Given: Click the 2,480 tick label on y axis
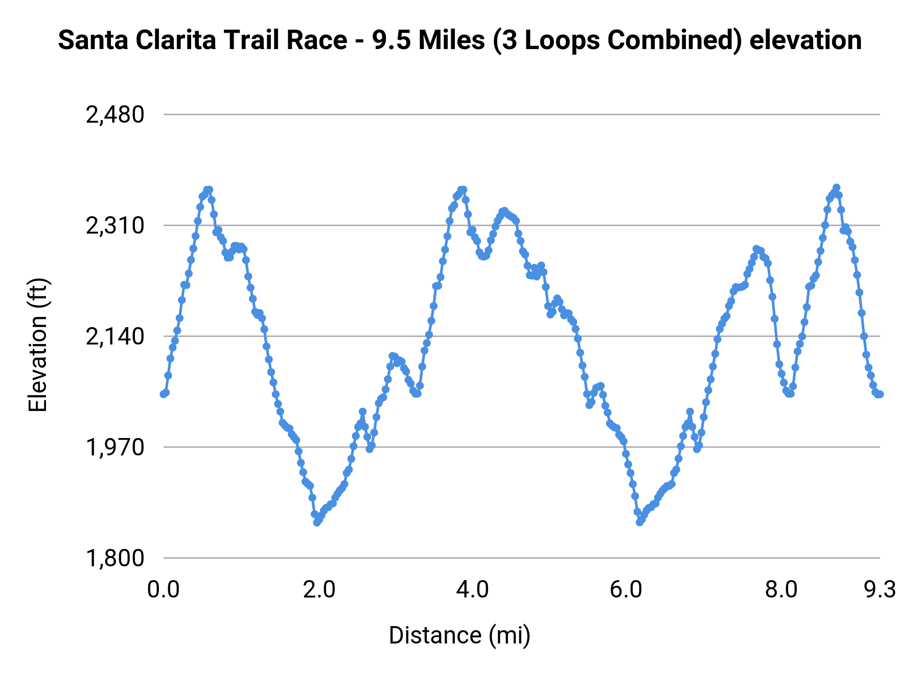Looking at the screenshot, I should point(116,115).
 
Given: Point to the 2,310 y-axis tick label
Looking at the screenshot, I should point(116,226).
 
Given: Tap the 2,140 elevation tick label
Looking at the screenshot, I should point(116,337).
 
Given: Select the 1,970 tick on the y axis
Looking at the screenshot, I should point(116,448).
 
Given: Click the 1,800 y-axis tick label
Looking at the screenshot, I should point(116,558).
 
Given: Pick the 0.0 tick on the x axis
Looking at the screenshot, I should point(163,589).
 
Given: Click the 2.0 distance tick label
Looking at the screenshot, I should point(318,589).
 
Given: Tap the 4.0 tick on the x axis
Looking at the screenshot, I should point(473,589).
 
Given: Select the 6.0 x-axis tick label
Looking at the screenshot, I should point(626,589).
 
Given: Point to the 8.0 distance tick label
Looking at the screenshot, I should point(781,589).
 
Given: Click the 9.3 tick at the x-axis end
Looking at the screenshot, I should point(880,589).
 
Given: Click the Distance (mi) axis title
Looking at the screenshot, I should point(459,635).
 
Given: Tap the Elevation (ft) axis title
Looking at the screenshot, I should point(38,345).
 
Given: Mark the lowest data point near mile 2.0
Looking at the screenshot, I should point(317,522).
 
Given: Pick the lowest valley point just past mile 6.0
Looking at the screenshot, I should point(639,522).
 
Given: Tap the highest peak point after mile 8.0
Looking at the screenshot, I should point(836,188).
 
